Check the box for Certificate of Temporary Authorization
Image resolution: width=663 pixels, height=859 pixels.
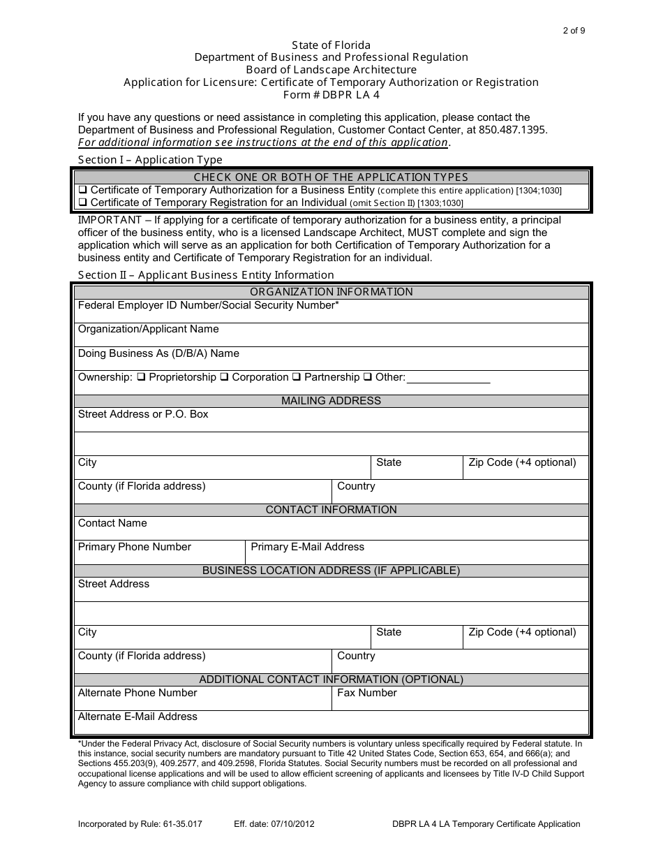[x=82, y=190]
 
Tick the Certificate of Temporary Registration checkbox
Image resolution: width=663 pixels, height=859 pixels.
[x=82, y=203]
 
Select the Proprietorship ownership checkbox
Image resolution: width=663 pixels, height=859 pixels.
[x=141, y=377]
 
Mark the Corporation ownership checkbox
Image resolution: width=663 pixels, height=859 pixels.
[x=225, y=377]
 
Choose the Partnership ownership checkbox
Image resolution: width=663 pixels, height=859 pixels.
[x=297, y=377]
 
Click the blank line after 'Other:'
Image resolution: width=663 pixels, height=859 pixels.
[x=448, y=379]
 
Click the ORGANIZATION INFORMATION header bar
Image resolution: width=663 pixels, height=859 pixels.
[x=331, y=292]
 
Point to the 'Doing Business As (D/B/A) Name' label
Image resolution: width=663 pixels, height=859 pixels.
[x=158, y=353]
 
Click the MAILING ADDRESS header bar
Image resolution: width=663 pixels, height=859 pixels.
[x=331, y=401]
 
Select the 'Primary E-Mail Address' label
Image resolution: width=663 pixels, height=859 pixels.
[x=307, y=547]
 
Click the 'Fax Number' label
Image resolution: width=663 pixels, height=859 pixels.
[x=366, y=693]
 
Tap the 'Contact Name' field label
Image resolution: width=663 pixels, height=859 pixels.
[x=112, y=523]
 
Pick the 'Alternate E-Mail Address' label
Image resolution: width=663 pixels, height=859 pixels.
[x=137, y=717]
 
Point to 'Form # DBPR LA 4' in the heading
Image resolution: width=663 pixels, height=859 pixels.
[x=331, y=95]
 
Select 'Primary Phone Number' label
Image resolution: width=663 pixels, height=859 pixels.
[x=134, y=547]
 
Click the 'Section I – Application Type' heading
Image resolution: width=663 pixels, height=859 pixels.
[x=150, y=160]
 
